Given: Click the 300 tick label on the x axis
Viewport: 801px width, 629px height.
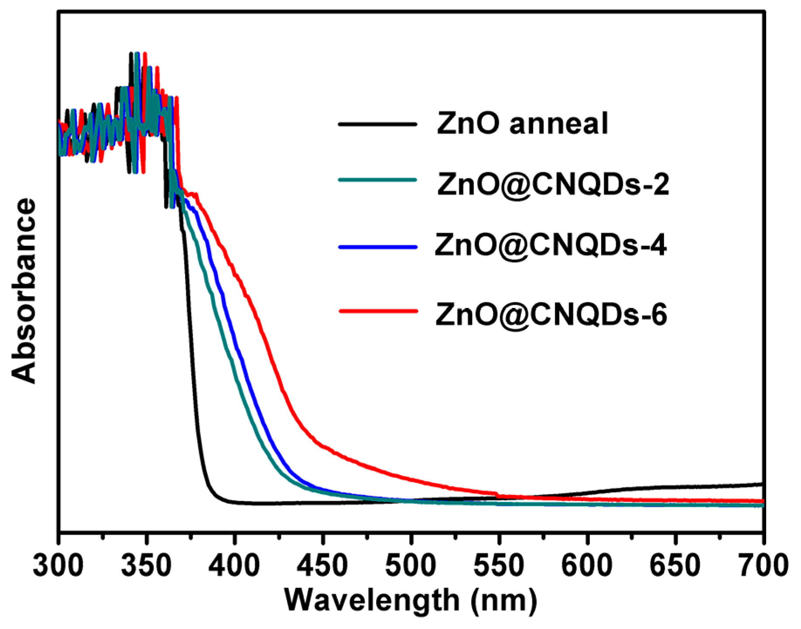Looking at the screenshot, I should (58, 566).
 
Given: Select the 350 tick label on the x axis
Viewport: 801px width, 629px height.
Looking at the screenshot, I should (147, 566).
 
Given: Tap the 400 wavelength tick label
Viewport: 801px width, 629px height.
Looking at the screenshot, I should (235, 566).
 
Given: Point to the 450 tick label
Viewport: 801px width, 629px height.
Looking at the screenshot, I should (323, 566).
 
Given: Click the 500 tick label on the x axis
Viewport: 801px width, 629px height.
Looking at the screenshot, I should (411, 566).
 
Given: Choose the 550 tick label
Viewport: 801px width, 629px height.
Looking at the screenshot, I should (499, 566).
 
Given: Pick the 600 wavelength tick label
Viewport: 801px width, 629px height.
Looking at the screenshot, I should (587, 566).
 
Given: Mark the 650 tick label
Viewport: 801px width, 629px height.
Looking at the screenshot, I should (675, 566).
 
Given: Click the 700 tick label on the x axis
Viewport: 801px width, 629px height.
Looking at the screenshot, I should (763, 566).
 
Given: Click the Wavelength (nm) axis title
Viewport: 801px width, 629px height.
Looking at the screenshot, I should (411, 601).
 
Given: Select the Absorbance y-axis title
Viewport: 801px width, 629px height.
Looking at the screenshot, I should (24, 291).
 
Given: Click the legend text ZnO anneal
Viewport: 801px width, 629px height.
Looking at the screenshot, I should (522, 124).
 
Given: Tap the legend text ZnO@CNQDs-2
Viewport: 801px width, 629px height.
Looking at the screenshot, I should (553, 185).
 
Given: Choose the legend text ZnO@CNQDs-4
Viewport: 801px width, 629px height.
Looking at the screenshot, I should (551, 246).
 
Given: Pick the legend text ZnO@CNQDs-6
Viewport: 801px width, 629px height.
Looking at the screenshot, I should (551, 314).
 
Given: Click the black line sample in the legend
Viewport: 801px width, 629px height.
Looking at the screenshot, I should (378, 124).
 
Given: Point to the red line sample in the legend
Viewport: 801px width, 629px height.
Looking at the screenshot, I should (378, 311).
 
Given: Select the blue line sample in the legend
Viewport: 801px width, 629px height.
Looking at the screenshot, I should (378, 247).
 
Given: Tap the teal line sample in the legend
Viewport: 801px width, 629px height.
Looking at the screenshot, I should (378, 180).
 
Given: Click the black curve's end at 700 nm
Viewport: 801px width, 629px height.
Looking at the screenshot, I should (761, 484).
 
